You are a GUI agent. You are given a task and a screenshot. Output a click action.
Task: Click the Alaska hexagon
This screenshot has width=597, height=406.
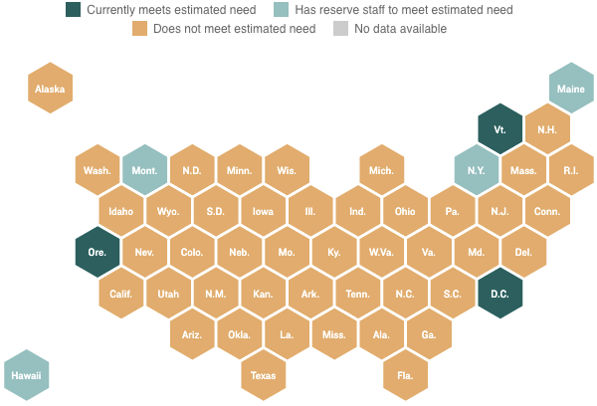50,89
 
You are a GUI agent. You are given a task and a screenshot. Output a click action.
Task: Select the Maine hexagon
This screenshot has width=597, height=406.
571,89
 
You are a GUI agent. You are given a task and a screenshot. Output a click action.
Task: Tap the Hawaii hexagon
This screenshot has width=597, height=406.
26,375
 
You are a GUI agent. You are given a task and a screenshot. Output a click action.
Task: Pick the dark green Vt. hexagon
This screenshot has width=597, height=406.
499,129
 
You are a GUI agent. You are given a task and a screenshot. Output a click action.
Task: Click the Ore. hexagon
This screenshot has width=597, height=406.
98,252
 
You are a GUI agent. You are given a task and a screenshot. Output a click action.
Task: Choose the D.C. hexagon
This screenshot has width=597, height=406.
499,294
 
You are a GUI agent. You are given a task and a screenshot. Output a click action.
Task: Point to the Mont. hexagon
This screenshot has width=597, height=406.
145,170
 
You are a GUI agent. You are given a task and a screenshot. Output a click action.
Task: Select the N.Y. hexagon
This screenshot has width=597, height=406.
476,170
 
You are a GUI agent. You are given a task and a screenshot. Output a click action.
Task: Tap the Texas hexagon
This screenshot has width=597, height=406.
264,375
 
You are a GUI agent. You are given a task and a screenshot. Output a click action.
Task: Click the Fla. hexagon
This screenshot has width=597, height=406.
406,375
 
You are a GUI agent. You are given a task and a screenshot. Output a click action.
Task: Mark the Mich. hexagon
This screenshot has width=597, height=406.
382,170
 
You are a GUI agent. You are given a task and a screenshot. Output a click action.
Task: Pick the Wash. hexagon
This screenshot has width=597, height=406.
98,170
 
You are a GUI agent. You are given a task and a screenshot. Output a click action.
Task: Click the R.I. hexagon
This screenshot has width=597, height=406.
571,170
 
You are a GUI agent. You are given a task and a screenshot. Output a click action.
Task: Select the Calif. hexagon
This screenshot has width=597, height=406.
121,294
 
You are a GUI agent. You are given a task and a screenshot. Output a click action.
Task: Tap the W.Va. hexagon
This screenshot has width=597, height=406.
382,252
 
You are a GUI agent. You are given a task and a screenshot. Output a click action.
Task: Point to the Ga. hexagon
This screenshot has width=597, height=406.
429,334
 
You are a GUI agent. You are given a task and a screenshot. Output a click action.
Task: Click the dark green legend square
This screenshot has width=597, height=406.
74,10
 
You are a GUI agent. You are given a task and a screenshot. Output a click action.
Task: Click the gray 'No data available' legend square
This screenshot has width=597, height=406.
340,29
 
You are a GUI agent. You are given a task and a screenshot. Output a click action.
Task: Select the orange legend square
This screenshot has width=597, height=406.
140,29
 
